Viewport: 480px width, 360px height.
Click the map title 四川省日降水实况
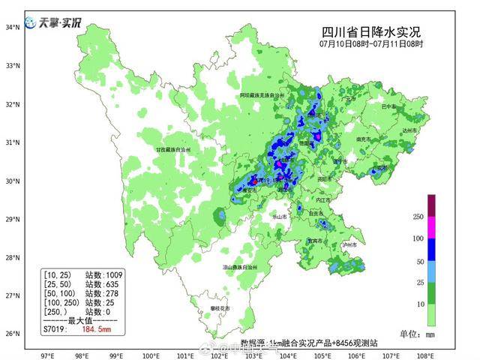(370, 31)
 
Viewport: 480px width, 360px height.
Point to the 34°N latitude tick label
(12, 27)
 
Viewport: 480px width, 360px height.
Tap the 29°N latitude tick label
(12, 219)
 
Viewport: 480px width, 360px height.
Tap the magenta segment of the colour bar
(431, 227)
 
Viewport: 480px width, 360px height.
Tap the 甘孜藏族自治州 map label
(173, 150)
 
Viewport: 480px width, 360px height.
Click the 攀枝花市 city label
(220, 308)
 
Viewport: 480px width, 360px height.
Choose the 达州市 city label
(408, 130)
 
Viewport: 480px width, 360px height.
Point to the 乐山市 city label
(279, 216)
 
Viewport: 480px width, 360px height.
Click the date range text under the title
(370, 44)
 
